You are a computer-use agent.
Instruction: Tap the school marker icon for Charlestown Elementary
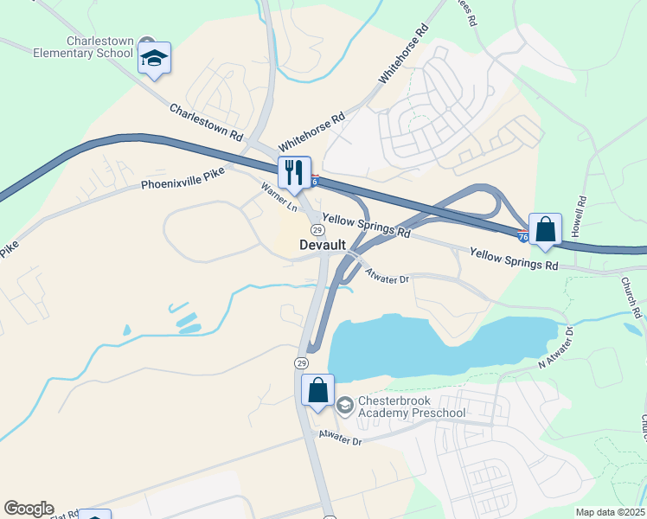point(154,58)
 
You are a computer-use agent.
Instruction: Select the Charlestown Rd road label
point(206,122)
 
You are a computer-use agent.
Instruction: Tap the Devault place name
point(323,245)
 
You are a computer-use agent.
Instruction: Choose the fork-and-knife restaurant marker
point(294,172)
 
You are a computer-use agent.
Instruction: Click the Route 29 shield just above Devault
point(317,229)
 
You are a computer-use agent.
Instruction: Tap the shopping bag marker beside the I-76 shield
point(545,230)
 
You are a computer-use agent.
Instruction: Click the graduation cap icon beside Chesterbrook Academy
point(344,405)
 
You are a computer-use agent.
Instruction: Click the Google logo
point(29,509)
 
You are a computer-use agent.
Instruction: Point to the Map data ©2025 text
point(610,512)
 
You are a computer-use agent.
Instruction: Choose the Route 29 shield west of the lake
point(300,362)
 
